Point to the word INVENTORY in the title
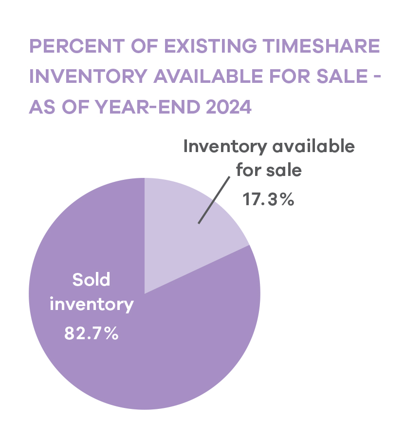click(88, 77)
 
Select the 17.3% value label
click(268, 199)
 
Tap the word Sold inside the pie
click(92, 280)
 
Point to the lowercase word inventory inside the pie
click(92, 305)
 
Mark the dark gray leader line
click(214, 200)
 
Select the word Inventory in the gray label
click(225, 146)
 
